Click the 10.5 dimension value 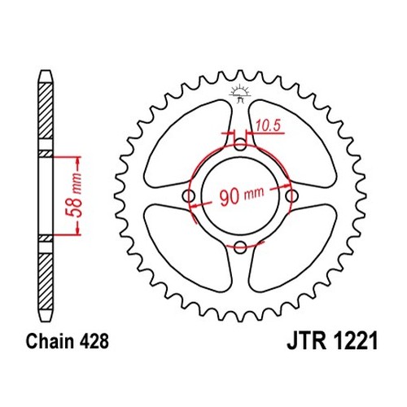pyautogui.click(x=268, y=126)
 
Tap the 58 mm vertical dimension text pyautogui.click(x=74, y=195)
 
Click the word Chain pyautogui.click(x=50, y=341)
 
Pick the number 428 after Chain pyautogui.click(x=94, y=341)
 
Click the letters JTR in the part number pyautogui.click(x=306, y=341)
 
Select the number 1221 pyautogui.click(x=354, y=341)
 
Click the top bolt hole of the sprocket pyautogui.click(x=240, y=144)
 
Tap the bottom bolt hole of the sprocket pyautogui.click(x=240, y=247)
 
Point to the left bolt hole pyautogui.click(x=189, y=195)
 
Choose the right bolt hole pyautogui.click(x=292, y=195)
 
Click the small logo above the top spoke pyautogui.click(x=239, y=94)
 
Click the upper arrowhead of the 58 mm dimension pyautogui.click(x=78, y=161)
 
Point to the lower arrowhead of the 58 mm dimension pyautogui.click(x=78, y=230)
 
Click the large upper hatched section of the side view pyautogui.click(x=46, y=111)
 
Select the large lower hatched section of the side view pyautogui.click(x=46, y=282)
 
